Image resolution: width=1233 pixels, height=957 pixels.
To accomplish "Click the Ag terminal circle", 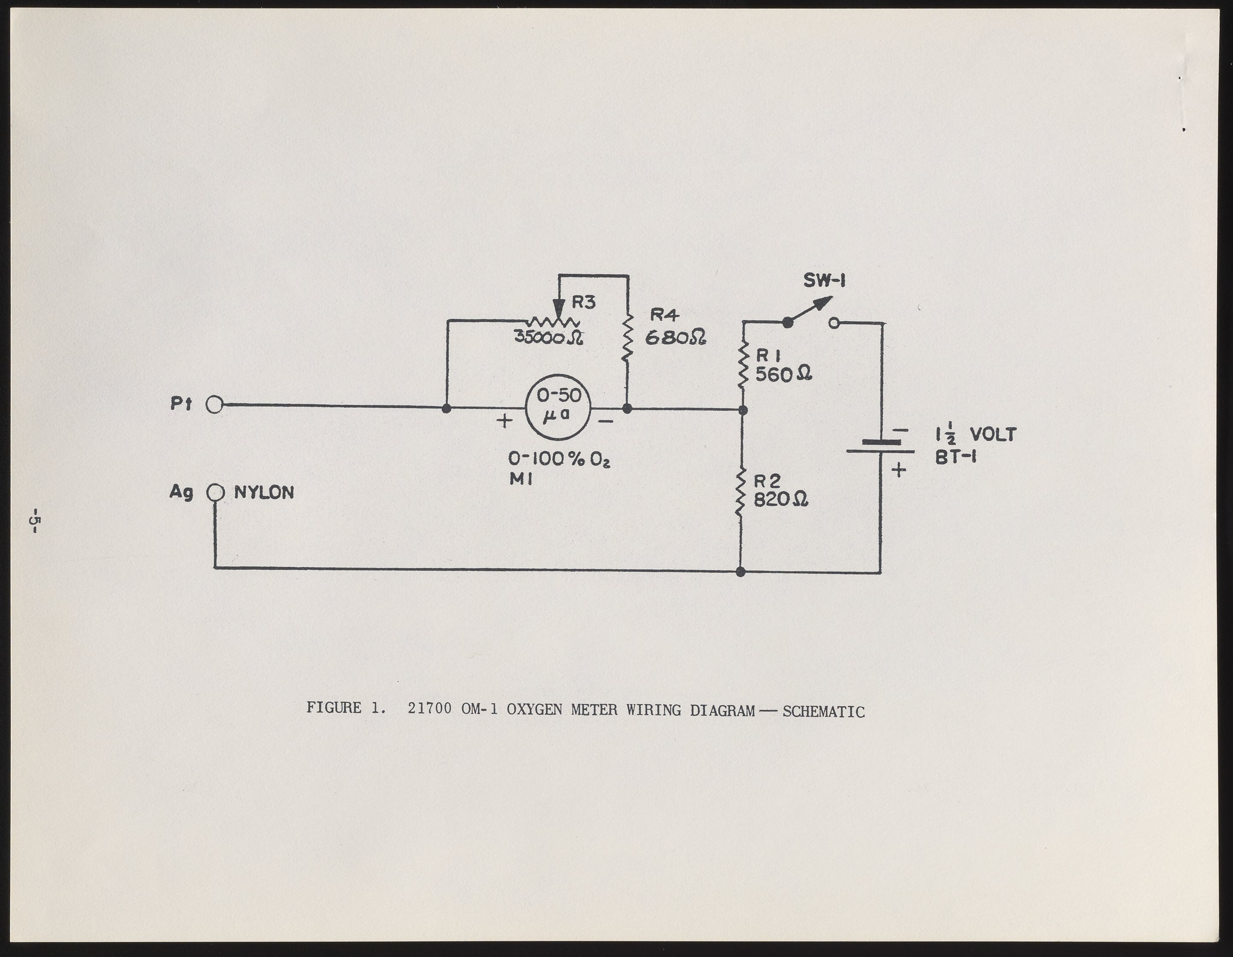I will tap(215, 493).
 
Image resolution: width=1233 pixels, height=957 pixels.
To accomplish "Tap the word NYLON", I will tap(264, 493).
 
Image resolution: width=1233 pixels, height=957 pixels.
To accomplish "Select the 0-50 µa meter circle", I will tap(558, 407).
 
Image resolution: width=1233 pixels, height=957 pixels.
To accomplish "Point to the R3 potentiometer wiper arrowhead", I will tap(558, 310).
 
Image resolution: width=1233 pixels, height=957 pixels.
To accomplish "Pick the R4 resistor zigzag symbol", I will tap(628, 339).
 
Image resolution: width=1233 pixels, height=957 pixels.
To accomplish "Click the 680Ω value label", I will tap(675, 338).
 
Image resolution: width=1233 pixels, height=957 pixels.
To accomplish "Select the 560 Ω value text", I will tap(783, 374).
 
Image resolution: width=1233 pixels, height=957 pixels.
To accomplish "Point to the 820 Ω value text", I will tap(781, 499).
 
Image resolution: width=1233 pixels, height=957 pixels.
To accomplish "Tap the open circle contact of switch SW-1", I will tap(834, 323).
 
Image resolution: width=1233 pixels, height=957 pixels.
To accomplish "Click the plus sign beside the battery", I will tap(898, 470).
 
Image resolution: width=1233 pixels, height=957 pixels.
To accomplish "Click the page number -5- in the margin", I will tap(35, 520).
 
